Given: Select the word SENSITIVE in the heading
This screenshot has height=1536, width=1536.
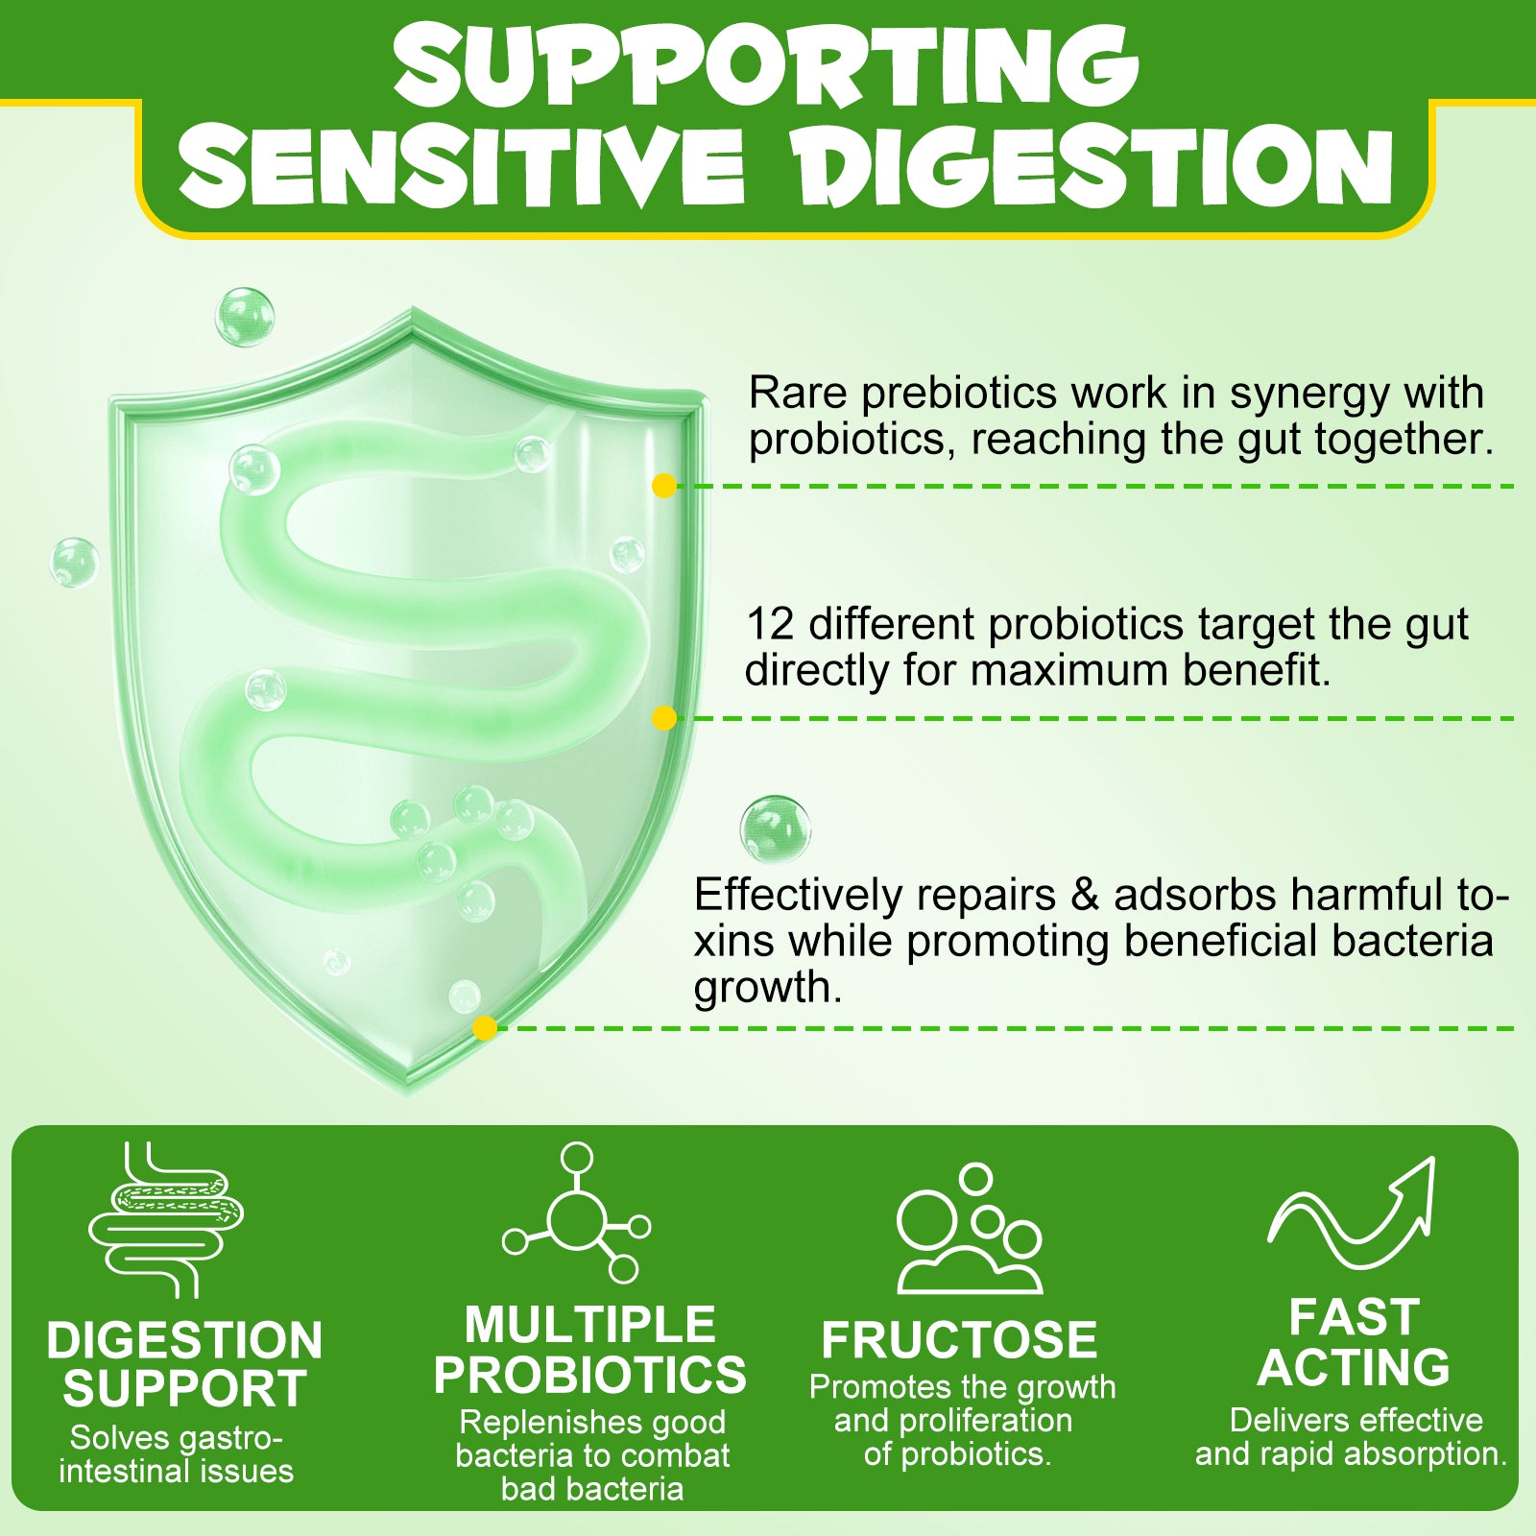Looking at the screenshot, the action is point(462,164).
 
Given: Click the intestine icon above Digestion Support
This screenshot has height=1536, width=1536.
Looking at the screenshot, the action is point(166,1219).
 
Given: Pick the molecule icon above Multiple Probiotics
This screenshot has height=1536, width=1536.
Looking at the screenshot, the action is point(577,1212).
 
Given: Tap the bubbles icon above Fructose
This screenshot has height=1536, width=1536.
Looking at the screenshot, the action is point(970,1229).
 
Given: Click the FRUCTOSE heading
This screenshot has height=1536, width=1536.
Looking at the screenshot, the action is point(959,1340).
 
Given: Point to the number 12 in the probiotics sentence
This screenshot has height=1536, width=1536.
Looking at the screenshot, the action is point(770,624).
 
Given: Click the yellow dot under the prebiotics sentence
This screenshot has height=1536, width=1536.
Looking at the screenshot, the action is point(663,486).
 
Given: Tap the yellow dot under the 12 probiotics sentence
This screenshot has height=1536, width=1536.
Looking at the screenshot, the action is point(663,718).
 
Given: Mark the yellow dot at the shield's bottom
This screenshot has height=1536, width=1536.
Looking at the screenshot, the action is point(485,1028).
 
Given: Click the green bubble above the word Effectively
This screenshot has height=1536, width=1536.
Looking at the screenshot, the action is point(776,829).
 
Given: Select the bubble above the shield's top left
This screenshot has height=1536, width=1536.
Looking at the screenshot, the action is point(245,317).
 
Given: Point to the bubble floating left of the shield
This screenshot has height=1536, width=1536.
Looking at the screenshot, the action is point(74,563).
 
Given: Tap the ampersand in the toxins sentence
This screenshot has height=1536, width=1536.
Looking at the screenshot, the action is point(1085,895).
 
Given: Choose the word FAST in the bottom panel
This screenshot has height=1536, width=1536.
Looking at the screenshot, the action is point(1354,1317).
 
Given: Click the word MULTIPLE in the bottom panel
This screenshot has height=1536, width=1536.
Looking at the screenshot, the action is point(590,1325).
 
